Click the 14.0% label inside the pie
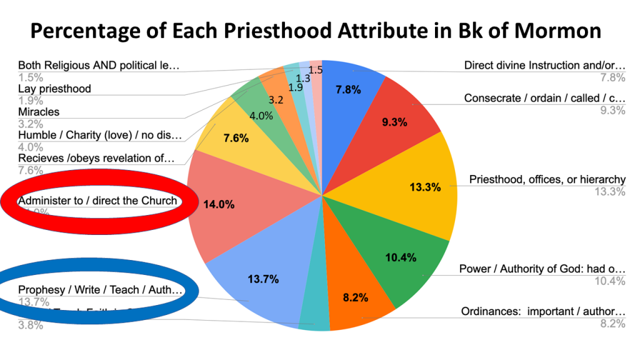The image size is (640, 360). pos(218,203)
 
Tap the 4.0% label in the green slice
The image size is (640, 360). pos(261,116)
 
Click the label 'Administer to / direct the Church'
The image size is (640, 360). pos(97,201)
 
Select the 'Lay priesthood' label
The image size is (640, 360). pos(54,89)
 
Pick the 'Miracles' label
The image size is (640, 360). pos(39,112)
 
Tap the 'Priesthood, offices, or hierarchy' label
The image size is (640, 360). pos(547,180)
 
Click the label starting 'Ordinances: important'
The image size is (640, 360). pos(542,311)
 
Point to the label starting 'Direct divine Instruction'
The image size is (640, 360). pos(544,65)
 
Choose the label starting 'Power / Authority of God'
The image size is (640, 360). pos(542,269)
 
